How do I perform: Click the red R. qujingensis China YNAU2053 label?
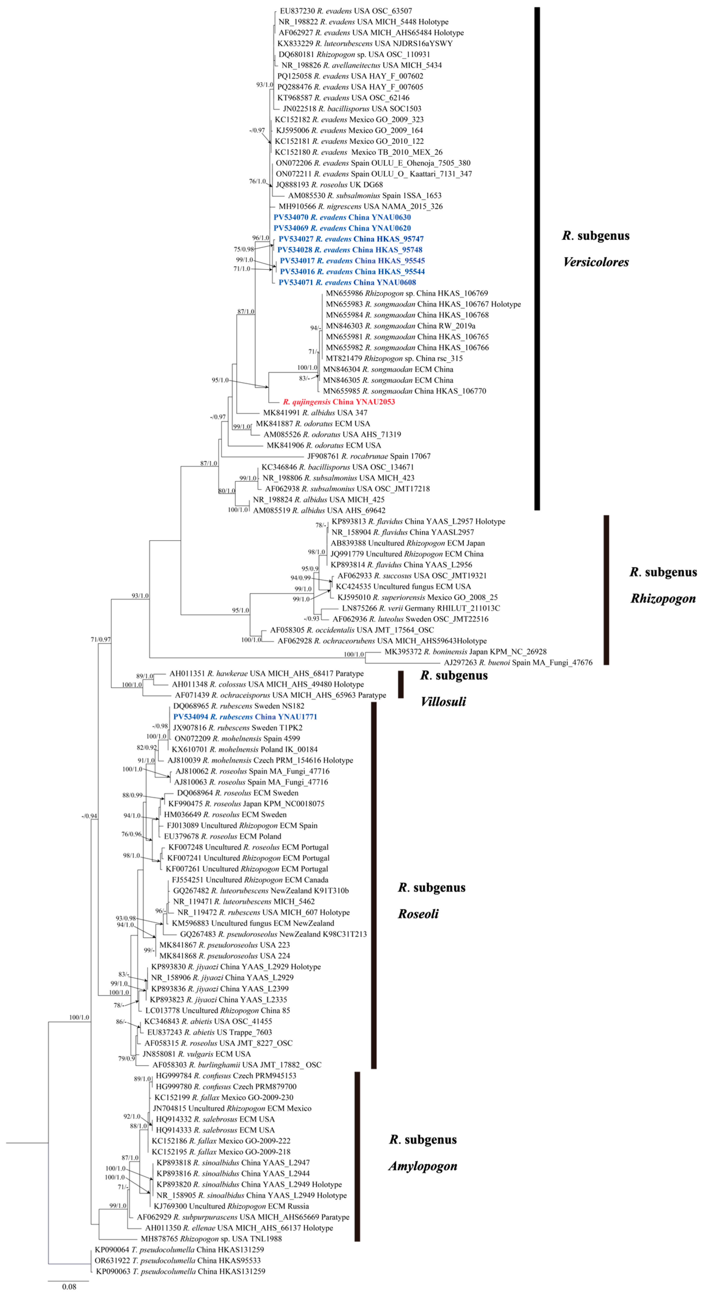339,402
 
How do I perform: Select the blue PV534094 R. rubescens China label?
245,717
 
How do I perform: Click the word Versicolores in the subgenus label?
596,262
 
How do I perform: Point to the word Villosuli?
443,702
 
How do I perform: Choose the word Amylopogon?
423,1166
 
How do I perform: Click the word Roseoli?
418,914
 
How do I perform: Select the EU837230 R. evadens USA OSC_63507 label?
346,11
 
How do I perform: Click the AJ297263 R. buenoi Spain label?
518,662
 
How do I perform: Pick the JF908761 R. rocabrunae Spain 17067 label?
369,456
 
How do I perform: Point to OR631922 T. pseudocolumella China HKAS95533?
177,1260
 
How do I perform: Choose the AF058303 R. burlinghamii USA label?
237,1065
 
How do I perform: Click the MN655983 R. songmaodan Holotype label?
423,304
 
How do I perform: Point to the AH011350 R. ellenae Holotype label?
239,1228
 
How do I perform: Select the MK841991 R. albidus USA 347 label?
315,413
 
